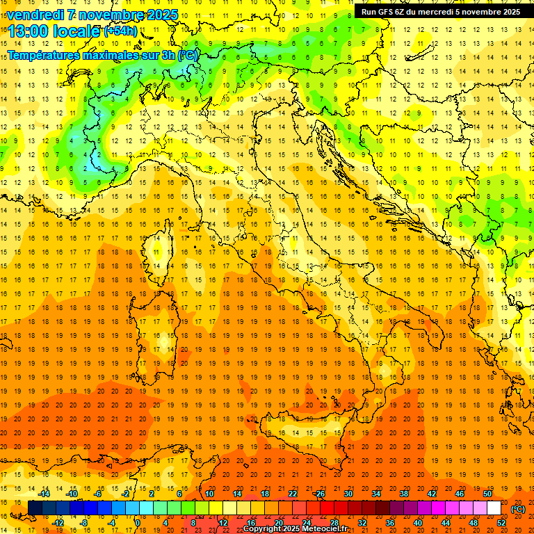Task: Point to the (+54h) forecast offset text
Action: (120, 31)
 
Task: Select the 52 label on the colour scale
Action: (501, 522)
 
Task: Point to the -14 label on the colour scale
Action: (44, 494)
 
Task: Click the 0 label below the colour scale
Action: (138, 522)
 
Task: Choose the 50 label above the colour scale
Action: (487, 494)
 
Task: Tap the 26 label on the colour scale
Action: (320, 494)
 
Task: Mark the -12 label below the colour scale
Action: (58, 522)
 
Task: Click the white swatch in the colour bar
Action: (494, 508)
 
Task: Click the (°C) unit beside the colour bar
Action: (518, 508)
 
